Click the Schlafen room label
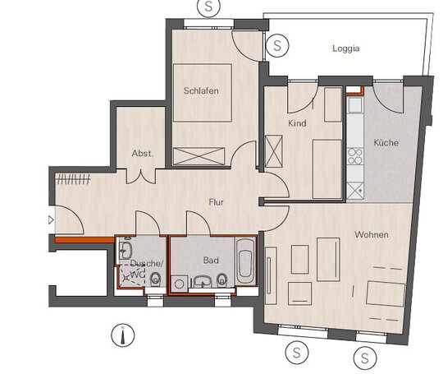[x=201, y=91]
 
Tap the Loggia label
[x=346, y=48]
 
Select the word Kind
[x=297, y=123]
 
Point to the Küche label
[x=386, y=142]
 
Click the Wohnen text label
[x=372, y=234]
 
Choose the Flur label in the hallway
[x=216, y=202]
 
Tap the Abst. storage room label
[x=143, y=154]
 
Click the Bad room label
[x=211, y=261]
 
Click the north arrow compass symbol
[x=122, y=335]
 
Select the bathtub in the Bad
[x=244, y=261]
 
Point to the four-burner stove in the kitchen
[x=355, y=156]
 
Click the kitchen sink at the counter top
[x=355, y=104]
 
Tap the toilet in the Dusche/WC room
[x=155, y=279]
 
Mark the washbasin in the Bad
[x=203, y=282]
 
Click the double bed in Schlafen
[x=203, y=93]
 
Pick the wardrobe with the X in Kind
[x=274, y=151]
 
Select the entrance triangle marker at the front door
[x=51, y=220]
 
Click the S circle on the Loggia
[x=277, y=45]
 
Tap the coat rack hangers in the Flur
[x=73, y=179]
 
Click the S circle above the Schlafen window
[x=208, y=7]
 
